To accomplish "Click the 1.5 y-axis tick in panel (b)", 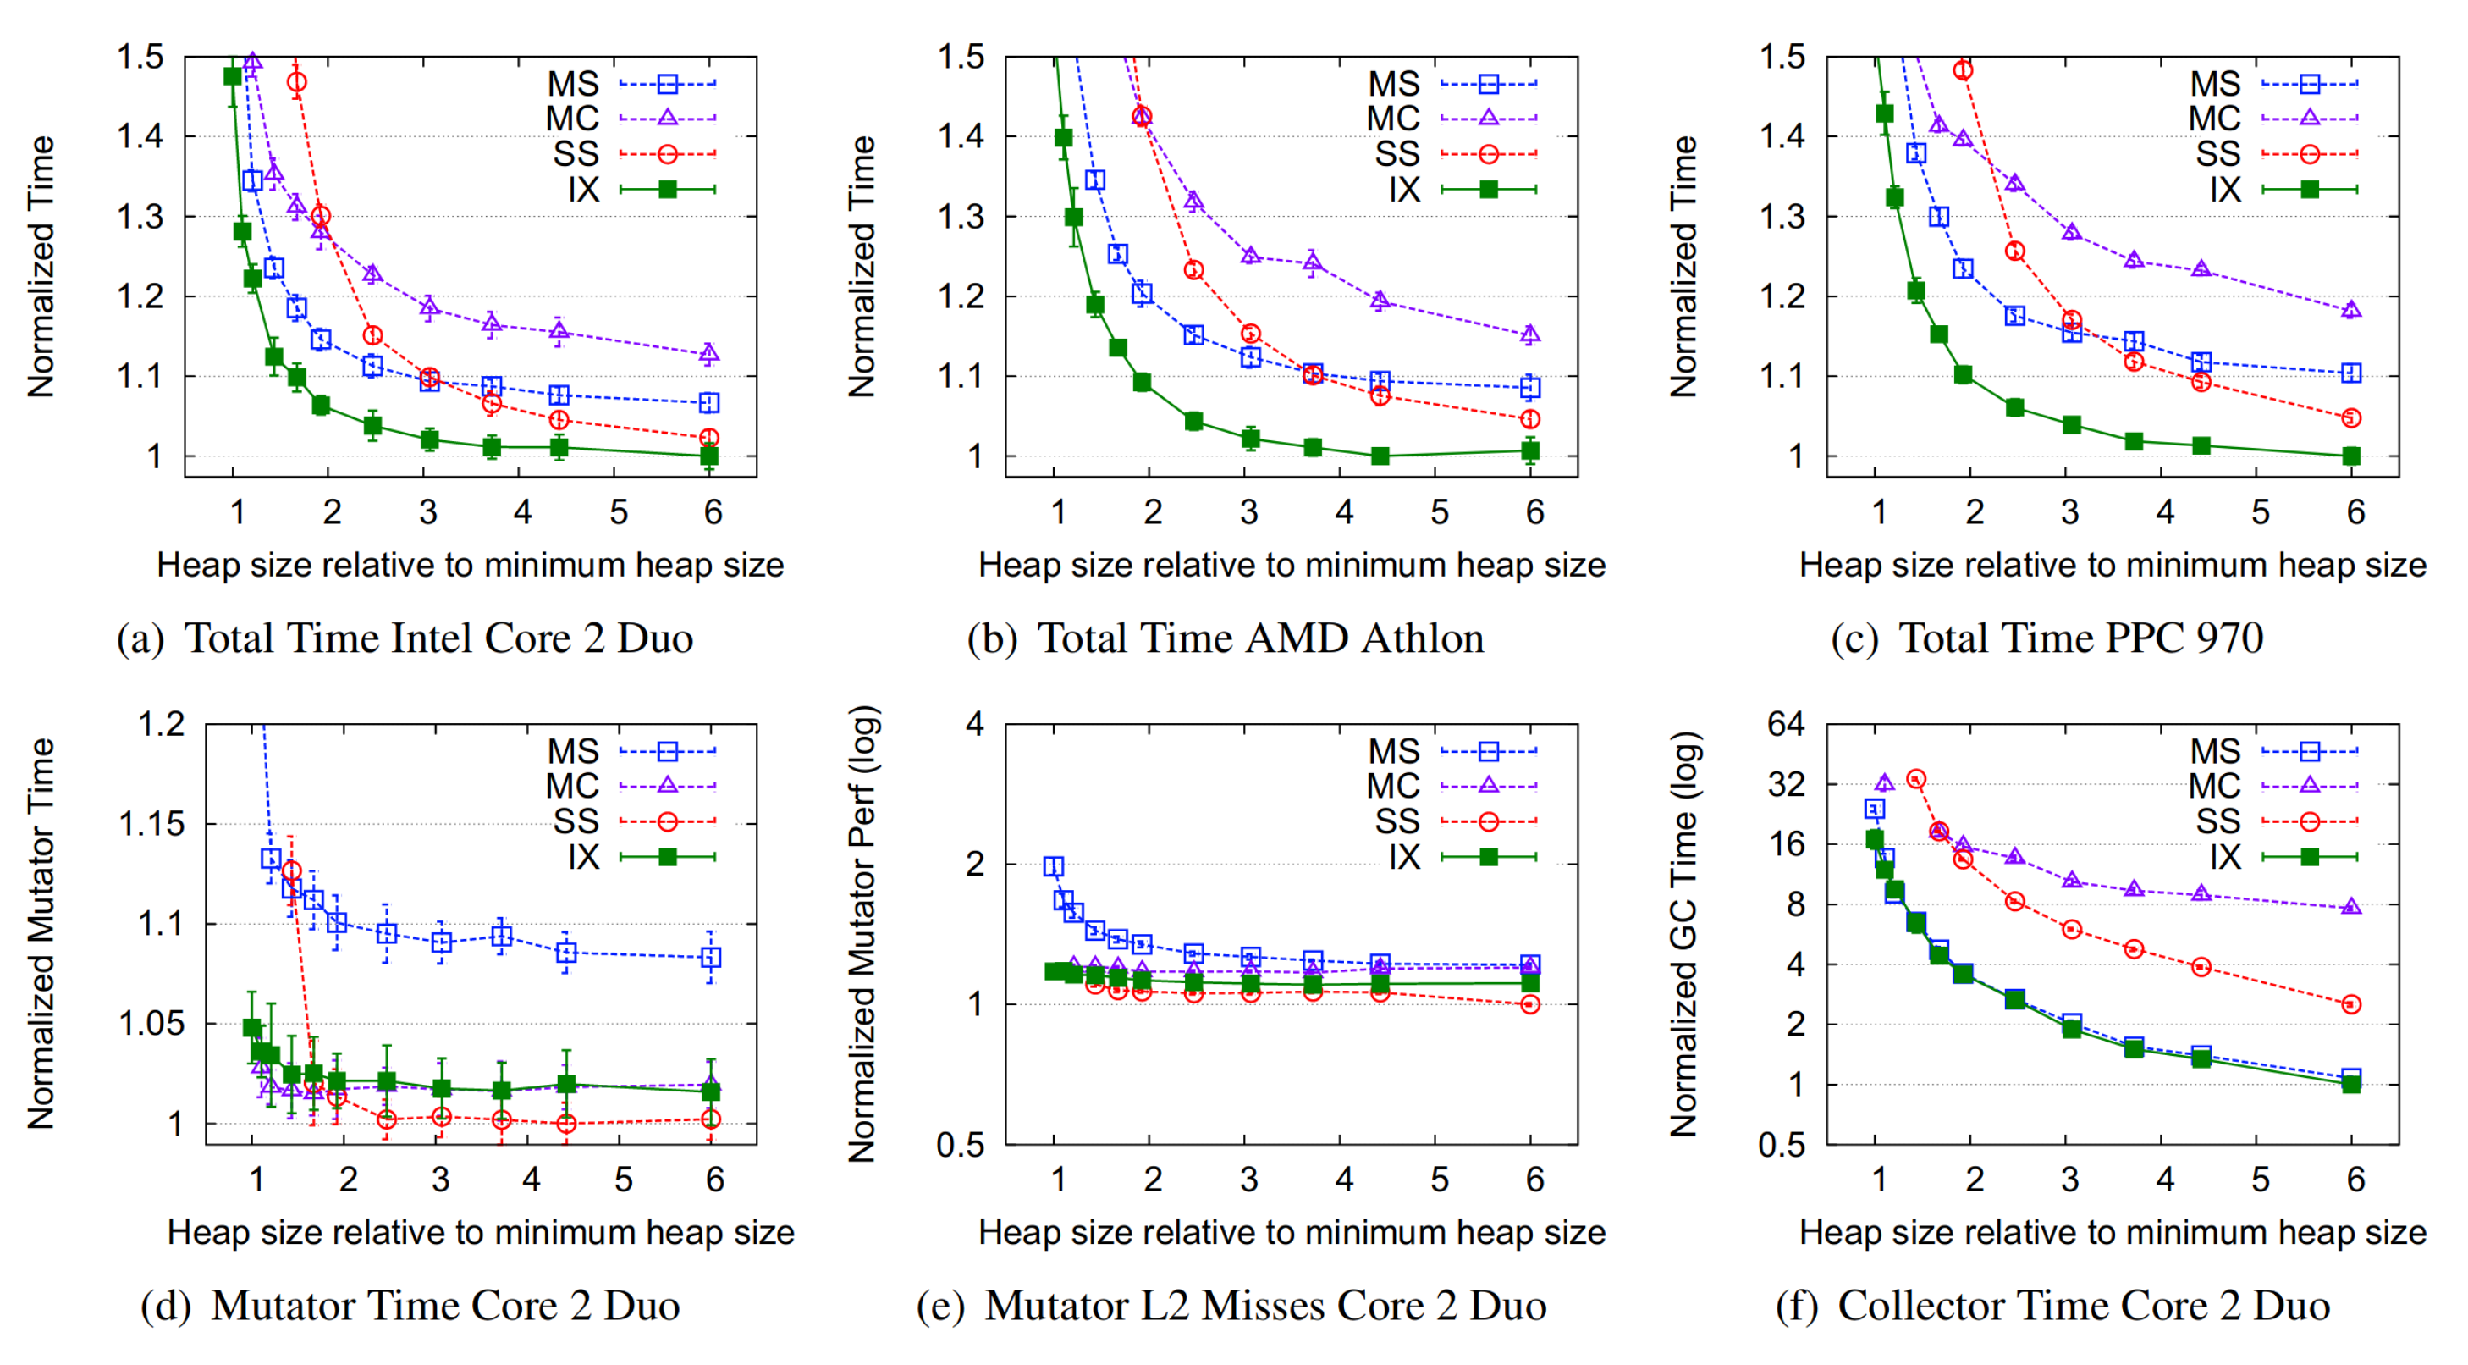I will coord(961,58).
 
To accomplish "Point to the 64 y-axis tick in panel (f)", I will coord(1785,724).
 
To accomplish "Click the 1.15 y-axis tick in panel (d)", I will coord(151,823).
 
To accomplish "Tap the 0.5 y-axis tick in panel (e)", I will coord(960,1145).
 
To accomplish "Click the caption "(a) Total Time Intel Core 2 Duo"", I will coord(405,638).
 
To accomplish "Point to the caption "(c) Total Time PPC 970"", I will coord(2047,638).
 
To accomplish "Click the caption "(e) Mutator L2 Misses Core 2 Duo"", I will coord(1231,1306).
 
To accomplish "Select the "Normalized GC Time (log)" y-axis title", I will coord(1685,934).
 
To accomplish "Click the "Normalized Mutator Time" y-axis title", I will coord(41,934).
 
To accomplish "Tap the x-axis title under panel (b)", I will coord(1292,565).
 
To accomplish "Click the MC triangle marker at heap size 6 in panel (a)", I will coord(709,354).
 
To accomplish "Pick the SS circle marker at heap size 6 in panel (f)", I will coord(2351,1004).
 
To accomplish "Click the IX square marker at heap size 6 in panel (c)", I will coord(2351,456).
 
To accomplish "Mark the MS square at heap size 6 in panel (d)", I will coord(711,958).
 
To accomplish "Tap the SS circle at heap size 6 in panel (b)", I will coord(1531,419).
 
